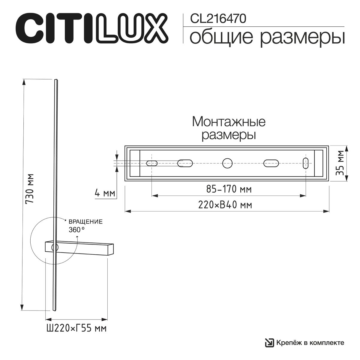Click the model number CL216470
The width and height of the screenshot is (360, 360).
click(x=218, y=19)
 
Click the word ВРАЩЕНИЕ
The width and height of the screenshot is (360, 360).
click(x=86, y=222)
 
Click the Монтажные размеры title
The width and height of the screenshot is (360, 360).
click(x=229, y=128)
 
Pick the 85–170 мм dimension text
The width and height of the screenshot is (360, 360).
click(x=229, y=189)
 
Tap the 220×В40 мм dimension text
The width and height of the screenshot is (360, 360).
click(x=225, y=205)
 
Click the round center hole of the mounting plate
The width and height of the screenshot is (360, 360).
click(x=227, y=163)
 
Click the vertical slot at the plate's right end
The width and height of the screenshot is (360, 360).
click(x=306, y=163)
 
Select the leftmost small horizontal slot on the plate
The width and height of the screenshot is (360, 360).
click(x=152, y=163)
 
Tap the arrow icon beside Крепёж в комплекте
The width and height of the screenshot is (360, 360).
click(x=269, y=343)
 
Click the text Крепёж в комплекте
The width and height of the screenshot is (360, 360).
click(x=310, y=343)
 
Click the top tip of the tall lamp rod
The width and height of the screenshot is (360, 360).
click(x=55, y=80)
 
